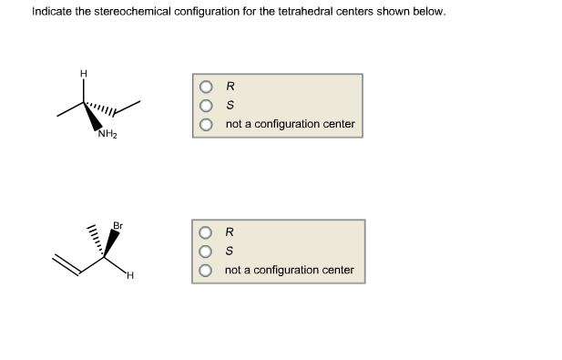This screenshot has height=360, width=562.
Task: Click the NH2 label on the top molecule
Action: [x=107, y=137]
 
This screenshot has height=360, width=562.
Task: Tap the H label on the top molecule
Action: [x=84, y=73]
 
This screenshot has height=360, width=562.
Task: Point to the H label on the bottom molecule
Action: [x=130, y=275]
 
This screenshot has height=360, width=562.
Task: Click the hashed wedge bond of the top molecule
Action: [x=102, y=112]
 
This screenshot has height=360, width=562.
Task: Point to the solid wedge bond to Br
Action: [x=111, y=242]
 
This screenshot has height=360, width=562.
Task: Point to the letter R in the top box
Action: [x=230, y=88]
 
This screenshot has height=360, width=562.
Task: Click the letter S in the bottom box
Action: [x=230, y=252]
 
